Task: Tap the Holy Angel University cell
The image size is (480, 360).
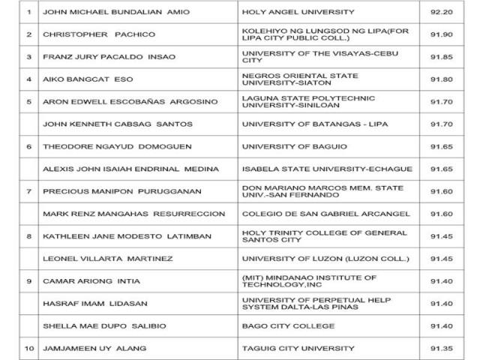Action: (287, 12)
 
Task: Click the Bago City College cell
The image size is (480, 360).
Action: (280, 326)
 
